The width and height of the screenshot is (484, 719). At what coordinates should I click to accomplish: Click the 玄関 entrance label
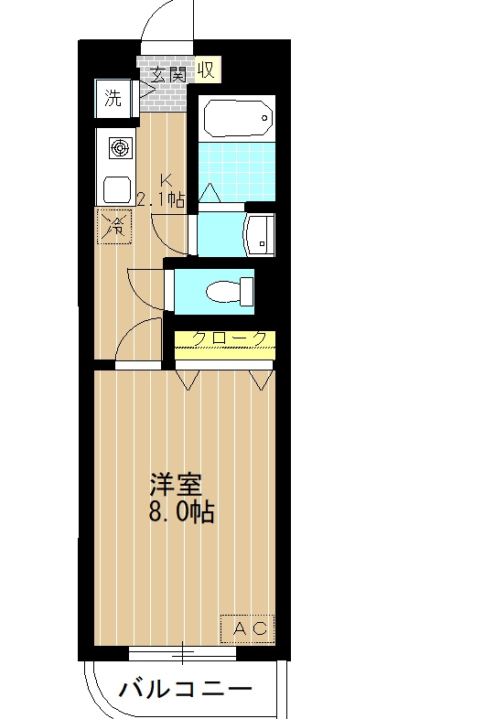click(168, 74)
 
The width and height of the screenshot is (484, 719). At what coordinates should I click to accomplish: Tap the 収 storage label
click(207, 70)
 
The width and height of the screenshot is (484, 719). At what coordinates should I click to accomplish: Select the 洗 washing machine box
click(113, 98)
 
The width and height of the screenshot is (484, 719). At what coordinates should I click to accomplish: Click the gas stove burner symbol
click(121, 148)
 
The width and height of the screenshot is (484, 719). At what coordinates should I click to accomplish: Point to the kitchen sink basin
click(117, 189)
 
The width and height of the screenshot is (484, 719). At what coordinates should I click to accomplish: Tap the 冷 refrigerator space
click(113, 226)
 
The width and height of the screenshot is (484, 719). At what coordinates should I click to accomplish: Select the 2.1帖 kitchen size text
click(161, 199)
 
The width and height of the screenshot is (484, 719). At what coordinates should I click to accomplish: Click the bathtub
click(239, 118)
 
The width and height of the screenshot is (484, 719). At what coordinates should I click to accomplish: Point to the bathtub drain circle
click(264, 118)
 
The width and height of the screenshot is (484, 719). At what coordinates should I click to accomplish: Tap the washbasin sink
click(260, 235)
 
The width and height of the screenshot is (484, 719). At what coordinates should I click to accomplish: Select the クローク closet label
click(230, 338)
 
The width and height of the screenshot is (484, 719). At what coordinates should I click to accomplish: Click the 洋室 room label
click(177, 485)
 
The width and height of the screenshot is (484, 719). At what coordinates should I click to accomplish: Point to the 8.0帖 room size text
click(182, 512)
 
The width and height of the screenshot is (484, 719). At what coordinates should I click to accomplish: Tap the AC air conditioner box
click(248, 628)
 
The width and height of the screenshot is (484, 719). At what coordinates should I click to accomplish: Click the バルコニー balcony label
click(186, 689)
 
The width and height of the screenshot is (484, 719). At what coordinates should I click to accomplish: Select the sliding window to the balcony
click(182, 653)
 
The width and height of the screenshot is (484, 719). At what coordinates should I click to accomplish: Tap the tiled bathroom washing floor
click(237, 171)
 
